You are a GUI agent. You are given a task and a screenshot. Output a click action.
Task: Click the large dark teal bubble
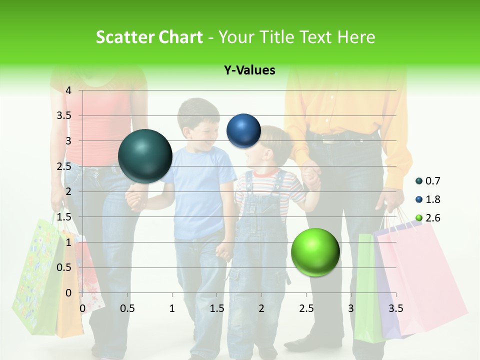(145, 156)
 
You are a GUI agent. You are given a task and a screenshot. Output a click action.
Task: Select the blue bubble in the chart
(243, 130)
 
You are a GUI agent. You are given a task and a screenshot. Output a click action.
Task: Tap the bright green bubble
(315, 252)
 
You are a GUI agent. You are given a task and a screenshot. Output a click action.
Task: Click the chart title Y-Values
(249, 70)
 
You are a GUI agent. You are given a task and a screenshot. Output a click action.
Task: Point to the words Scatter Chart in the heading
(149, 37)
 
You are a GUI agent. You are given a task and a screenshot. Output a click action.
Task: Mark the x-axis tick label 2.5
(306, 308)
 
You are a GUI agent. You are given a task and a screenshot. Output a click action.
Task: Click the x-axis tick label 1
(172, 308)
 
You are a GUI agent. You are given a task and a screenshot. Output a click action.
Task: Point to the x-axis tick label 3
(351, 308)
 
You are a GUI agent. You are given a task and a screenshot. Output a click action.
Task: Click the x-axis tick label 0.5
(127, 308)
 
